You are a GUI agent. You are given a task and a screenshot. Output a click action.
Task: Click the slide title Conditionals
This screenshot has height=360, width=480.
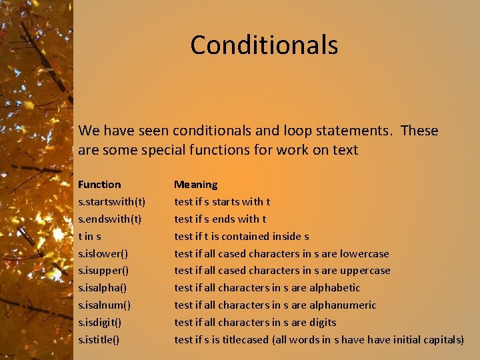point(264,45)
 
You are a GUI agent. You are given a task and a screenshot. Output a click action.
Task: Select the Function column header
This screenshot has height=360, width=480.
point(99,184)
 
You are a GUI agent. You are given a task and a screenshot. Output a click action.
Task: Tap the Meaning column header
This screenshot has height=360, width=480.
point(195,184)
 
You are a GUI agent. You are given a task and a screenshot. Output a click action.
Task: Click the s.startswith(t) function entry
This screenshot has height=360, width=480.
point(112,201)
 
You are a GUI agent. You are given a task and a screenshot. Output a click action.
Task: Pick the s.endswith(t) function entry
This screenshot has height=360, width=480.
point(110,219)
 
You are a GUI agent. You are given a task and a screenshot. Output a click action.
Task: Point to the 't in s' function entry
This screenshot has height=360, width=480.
point(89,236)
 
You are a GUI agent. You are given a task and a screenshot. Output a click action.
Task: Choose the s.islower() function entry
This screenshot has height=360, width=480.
point(103,253)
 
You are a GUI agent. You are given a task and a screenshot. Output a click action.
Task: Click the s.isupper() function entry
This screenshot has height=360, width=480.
point(103,271)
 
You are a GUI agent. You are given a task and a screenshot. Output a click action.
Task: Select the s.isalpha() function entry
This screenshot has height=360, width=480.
point(103,288)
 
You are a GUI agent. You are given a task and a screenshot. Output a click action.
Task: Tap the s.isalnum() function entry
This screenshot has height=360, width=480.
point(104,305)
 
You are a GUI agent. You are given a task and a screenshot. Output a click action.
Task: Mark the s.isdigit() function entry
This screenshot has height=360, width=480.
point(101,323)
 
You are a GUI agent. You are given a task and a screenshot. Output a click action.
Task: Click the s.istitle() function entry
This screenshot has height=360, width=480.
point(99,340)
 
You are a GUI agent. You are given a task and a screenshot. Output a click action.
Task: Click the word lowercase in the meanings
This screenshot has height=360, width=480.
point(364,253)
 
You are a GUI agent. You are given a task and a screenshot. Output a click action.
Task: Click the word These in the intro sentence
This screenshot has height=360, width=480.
point(419,131)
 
